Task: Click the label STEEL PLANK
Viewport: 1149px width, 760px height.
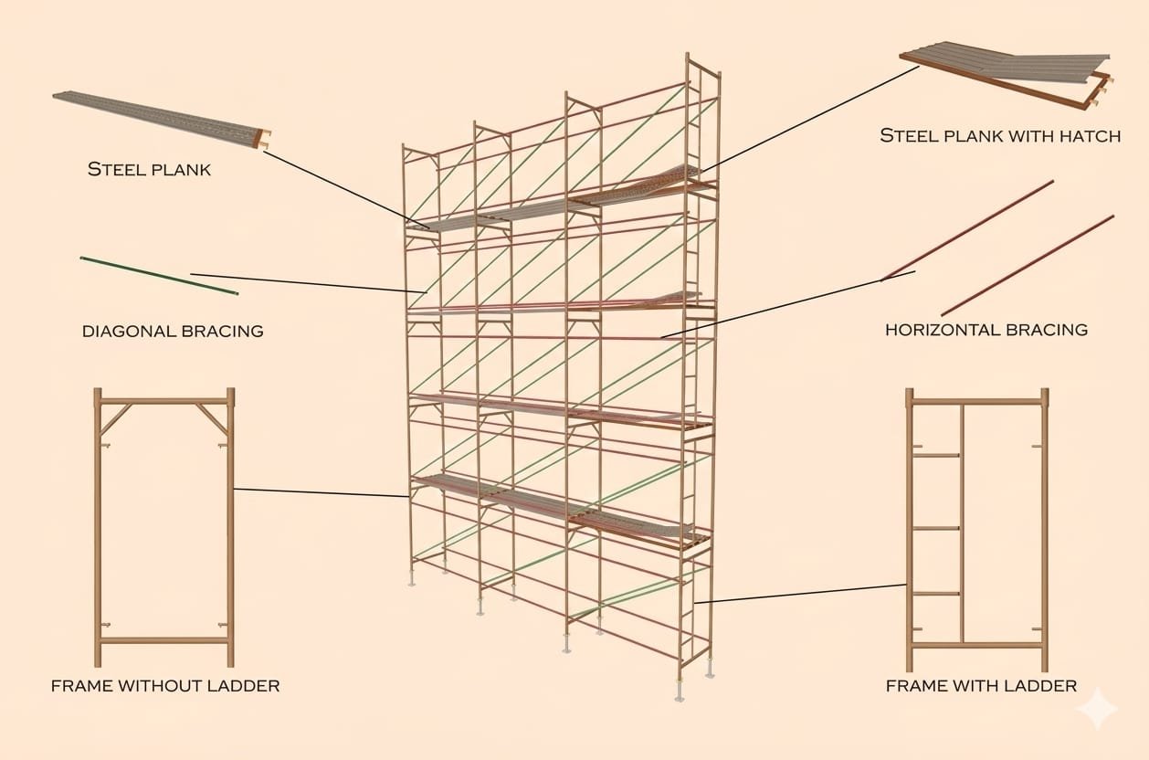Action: pyautogui.click(x=149, y=169)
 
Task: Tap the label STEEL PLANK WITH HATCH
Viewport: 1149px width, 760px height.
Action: pyautogui.click(x=999, y=136)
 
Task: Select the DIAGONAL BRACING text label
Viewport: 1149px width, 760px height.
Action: pyautogui.click(x=173, y=331)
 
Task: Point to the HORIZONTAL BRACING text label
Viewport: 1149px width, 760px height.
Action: pyautogui.click(x=986, y=329)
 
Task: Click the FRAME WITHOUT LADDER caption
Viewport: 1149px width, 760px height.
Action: pyautogui.click(x=165, y=685)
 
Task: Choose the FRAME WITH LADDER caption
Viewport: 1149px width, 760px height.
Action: pyautogui.click(x=981, y=685)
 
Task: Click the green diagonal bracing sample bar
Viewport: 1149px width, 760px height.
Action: pyautogui.click(x=159, y=276)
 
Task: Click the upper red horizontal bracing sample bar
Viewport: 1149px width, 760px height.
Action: pyautogui.click(x=968, y=229)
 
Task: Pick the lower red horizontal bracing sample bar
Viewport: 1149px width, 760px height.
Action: pyautogui.click(x=1028, y=265)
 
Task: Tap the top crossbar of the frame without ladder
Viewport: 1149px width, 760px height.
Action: pyautogui.click(x=163, y=400)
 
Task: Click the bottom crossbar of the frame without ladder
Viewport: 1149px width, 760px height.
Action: pyautogui.click(x=163, y=640)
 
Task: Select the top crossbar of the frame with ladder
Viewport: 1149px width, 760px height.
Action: pyautogui.click(x=977, y=400)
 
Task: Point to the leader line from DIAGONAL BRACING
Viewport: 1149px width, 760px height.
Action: pyautogui.click(x=301, y=282)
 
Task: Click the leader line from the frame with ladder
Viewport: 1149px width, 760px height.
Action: pyautogui.click(x=800, y=594)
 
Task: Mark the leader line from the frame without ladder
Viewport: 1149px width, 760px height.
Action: pyautogui.click(x=320, y=492)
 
